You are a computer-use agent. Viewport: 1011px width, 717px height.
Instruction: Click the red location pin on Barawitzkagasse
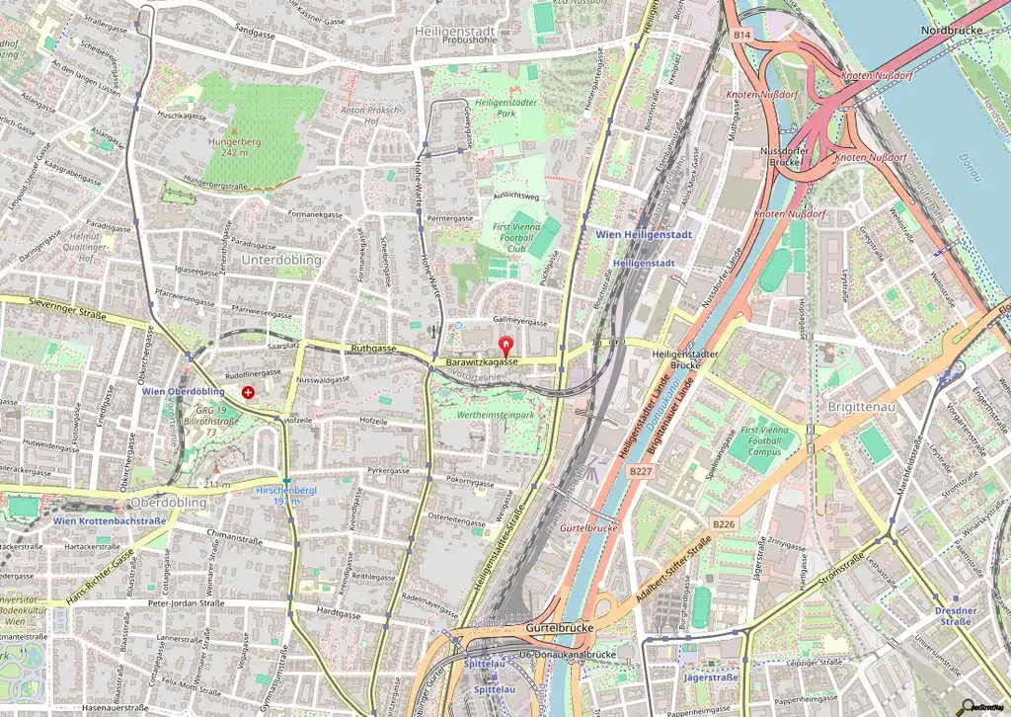pyautogui.click(x=507, y=347)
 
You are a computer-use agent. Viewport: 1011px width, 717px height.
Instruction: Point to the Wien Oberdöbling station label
pyautogui.click(x=183, y=392)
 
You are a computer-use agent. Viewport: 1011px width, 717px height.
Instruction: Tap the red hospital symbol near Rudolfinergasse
pyautogui.click(x=247, y=392)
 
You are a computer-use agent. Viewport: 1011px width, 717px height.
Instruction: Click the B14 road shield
pyautogui.click(x=742, y=35)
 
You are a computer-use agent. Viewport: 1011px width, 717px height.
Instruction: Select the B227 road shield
pyautogui.click(x=640, y=472)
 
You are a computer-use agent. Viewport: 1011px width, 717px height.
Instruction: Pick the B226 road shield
pyautogui.click(x=724, y=524)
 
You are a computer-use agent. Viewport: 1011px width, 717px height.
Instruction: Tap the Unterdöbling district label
pyautogui.click(x=281, y=259)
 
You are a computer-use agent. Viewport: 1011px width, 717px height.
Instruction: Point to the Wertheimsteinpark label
pyautogui.click(x=489, y=415)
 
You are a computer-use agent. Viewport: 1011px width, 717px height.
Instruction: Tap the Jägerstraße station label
pyautogui.click(x=711, y=677)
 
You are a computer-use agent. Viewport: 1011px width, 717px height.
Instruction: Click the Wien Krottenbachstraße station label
pyautogui.click(x=110, y=520)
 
